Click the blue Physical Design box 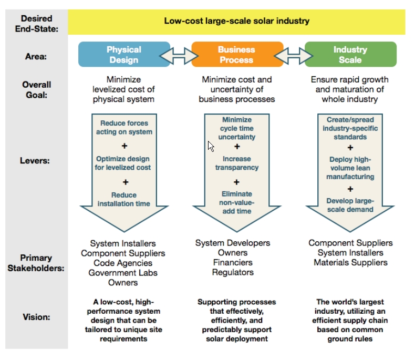[124, 55]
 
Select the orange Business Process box [237, 55]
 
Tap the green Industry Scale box [350, 55]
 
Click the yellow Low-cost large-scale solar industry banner [236, 22]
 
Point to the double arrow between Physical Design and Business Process [181, 55]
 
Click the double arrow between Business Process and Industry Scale [294, 55]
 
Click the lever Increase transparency [237, 163]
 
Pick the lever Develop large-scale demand [350, 205]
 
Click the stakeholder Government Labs [123, 273]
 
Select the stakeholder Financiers [233, 262]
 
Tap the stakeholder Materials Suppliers [350, 262]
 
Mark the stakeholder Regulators [233, 272]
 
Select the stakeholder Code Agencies [123, 263]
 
